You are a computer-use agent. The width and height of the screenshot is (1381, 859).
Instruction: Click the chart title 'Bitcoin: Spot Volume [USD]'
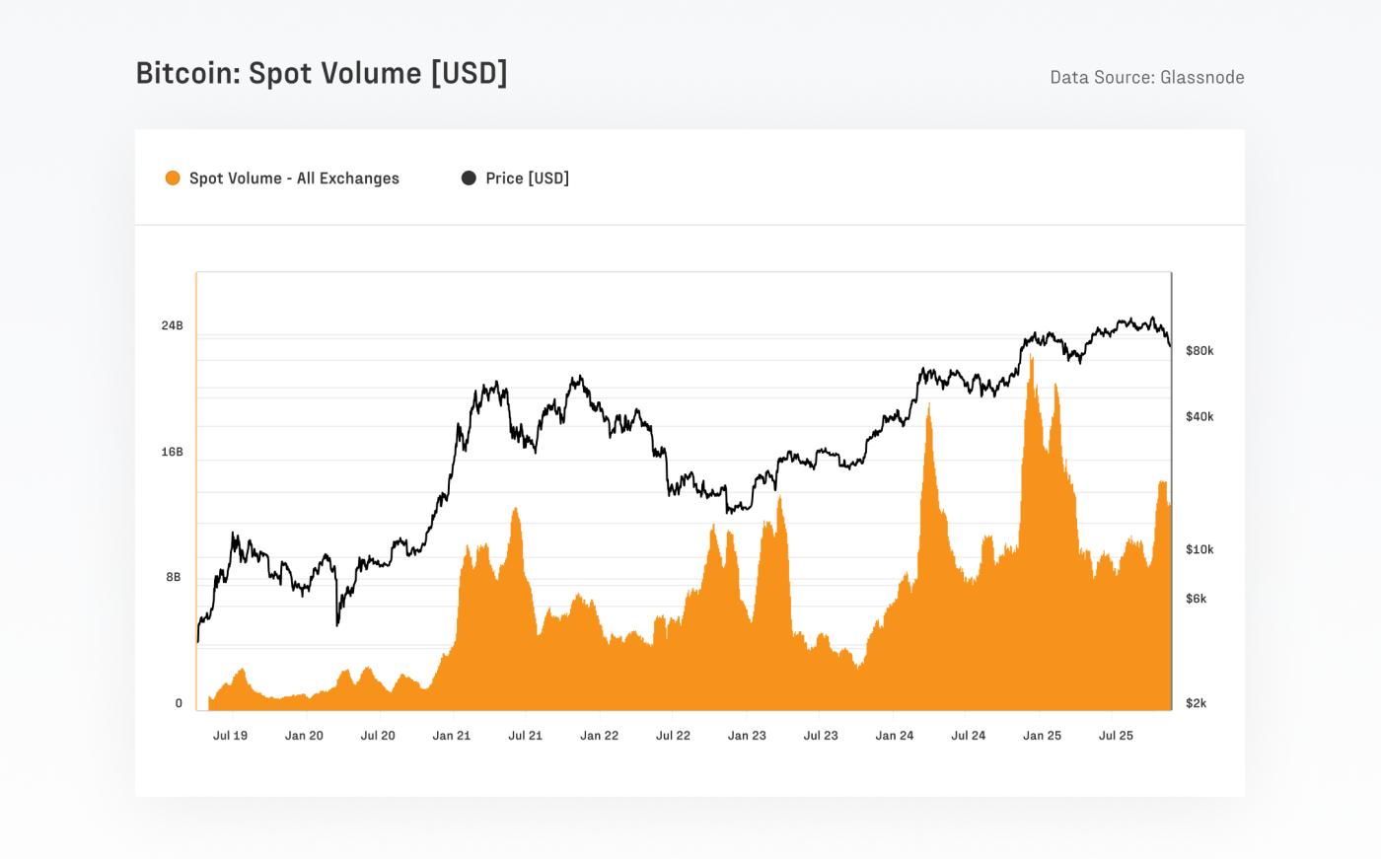(321, 74)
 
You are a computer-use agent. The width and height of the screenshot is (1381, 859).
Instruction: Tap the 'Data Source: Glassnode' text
(1146, 77)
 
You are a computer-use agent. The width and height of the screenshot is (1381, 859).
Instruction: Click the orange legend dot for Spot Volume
(173, 179)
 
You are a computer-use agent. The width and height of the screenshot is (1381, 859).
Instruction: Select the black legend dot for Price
(469, 179)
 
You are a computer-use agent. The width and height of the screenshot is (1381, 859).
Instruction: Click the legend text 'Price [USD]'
(527, 179)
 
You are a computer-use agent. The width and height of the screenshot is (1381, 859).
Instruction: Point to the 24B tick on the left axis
(172, 325)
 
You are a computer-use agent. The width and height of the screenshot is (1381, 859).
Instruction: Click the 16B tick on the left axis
(172, 452)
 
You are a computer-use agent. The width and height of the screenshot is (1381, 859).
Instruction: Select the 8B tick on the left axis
(174, 577)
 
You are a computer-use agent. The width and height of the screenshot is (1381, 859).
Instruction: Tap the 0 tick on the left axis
(179, 703)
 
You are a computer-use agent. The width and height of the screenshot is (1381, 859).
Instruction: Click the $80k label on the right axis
(1199, 350)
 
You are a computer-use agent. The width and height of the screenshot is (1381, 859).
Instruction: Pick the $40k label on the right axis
(1199, 416)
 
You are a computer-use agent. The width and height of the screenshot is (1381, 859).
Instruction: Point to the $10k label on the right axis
(1199, 549)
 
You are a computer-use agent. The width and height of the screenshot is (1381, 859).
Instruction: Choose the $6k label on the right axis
(1196, 599)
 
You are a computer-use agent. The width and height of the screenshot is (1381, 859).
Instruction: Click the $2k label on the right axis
(1196, 703)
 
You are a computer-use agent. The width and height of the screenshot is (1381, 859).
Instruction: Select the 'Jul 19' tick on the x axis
(230, 736)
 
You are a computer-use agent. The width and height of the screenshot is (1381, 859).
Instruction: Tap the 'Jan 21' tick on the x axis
(451, 736)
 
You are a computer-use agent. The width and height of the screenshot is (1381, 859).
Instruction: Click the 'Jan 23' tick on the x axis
(747, 736)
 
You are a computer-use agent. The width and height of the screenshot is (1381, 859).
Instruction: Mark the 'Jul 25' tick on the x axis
(1116, 736)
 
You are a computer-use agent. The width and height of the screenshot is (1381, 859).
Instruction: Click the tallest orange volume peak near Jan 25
(1032, 361)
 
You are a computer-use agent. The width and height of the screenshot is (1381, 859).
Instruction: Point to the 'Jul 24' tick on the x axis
(968, 736)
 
